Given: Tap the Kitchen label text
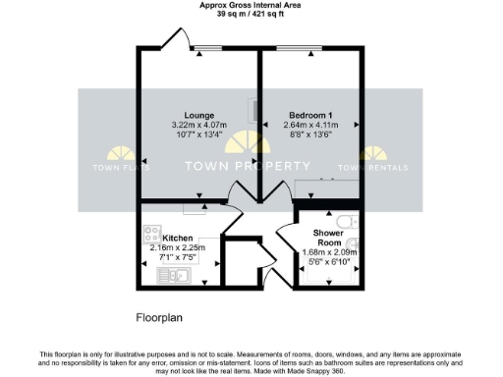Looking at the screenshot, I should pyautogui.click(x=178, y=239).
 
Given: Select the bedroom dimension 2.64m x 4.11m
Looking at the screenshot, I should pyautogui.click(x=310, y=125).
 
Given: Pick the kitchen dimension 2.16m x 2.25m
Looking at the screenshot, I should pyautogui.click(x=177, y=247).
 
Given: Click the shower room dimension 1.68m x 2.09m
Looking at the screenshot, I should pyautogui.click(x=329, y=252).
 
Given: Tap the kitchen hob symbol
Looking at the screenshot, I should pyautogui.click(x=152, y=235).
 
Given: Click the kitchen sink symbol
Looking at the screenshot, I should pyautogui.click(x=174, y=276).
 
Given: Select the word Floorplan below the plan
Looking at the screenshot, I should pyautogui.click(x=159, y=318).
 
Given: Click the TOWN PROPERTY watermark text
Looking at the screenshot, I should pyautogui.click(x=251, y=166).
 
